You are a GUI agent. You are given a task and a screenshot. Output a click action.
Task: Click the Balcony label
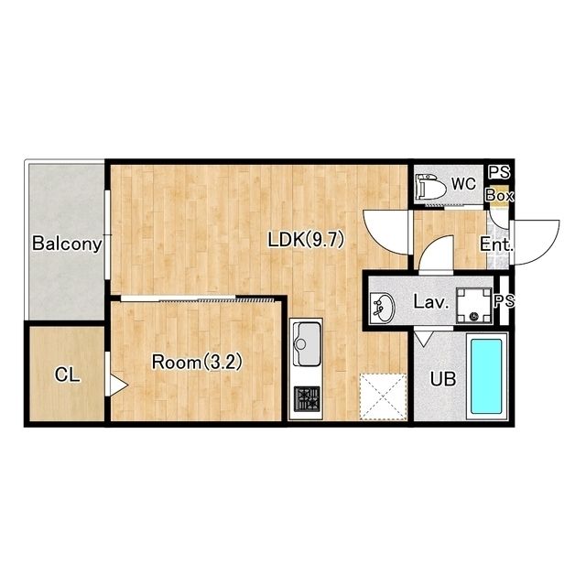(67, 244)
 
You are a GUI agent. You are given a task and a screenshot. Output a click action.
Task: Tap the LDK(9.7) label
(306, 240)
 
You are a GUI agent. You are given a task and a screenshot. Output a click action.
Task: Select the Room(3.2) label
(197, 362)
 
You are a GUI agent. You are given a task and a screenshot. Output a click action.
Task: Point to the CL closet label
(67, 374)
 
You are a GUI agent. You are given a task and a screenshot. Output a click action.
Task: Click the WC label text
(464, 184)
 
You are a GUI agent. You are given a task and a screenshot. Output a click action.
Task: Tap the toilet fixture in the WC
(431, 187)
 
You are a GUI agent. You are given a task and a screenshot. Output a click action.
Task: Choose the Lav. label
(431, 301)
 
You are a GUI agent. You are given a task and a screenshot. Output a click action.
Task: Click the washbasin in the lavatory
(382, 309)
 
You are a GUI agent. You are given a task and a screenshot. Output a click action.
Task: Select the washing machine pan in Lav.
(474, 306)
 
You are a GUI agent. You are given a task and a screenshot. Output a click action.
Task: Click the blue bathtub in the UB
(486, 376)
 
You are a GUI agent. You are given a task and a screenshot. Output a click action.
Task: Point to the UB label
(443, 379)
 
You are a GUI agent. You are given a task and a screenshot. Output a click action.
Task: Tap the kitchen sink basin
(309, 344)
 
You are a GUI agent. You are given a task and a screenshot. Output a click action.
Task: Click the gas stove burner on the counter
(307, 399)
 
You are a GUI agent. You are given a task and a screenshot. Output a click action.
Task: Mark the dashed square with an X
(383, 396)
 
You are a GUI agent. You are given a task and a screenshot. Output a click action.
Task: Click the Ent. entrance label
(496, 244)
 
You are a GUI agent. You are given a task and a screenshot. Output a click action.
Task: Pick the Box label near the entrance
(500, 195)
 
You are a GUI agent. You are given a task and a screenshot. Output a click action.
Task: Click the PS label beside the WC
(500, 172)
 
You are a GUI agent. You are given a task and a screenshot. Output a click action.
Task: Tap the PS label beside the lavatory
(505, 301)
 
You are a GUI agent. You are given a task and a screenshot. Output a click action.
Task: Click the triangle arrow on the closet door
(118, 385)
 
